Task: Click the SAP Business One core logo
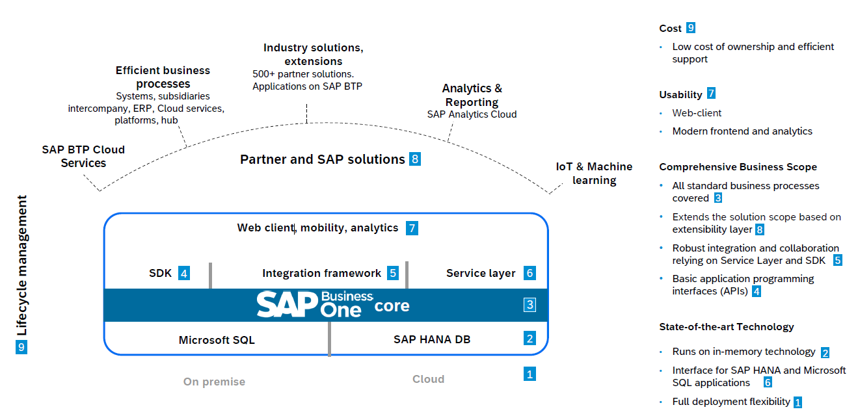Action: pyautogui.click(x=332, y=305)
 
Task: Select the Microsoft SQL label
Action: pyautogui.click(x=217, y=340)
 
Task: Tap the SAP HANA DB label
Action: pyautogui.click(x=431, y=339)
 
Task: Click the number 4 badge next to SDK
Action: pyautogui.click(x=184, y=274)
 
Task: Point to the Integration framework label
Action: pyautogui.click(x=321, y=274)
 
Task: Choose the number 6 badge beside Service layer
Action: pyautogui.click(x=530, y=274)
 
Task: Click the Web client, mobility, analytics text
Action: pyautogui.click(x=317, y=228)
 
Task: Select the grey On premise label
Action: pyautogui.click(x=214, y=382)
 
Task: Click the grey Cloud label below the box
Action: pyautogui.click(x=428, y=379)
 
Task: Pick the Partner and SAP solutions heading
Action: pyautogui.click(x=322, y=159)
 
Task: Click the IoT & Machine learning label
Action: pyautogui.click(x=594, y=174)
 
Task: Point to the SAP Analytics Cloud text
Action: pyautogui.click(x=472, y=114)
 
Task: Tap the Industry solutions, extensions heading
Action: pyautogui.click(x=313, y=54)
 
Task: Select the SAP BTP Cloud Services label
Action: pyautogui.click(x=83, y=157)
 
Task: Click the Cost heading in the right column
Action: pyautogui.click(x=670, y=29)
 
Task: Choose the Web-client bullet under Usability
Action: pyautogui.click(x=697, y=113)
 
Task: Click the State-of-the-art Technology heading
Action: pyautogui.click(x=726, y=327)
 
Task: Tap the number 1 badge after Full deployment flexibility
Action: pyautogui.click(x=798, y=402)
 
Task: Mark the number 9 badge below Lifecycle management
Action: pyautogui.click(x=21, y=348)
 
